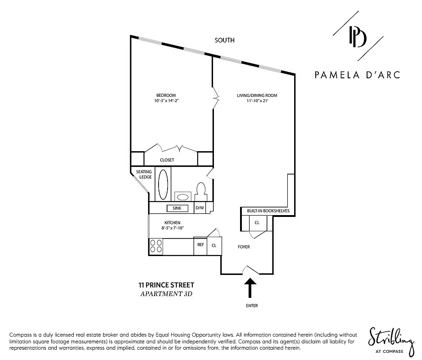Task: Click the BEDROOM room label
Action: pyautogui.click(x=163, y=95)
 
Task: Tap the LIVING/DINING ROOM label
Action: pyautogui.click(x=257, y=95)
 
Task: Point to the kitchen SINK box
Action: pyautogui.click(x=177, y=208)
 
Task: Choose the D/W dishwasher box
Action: pyautogui.click(x=199, y=208)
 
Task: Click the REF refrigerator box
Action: pyautogui.click(x=200, y=245)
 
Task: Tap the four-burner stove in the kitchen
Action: pyautogui.click(x=156, y=246)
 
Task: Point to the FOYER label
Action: pyautogui.click(x=244, y=247)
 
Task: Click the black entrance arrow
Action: pyautogui.click(x=250, y=288)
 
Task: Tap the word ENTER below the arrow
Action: pyautogui.click(x=252, y=306)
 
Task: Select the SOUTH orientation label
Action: pyautogui.click(x=224, y=40)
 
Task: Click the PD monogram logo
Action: pyautogui.click(x=358, y=37)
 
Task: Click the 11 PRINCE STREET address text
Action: pyautogui.click(x=166, y=285)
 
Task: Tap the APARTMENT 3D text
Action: pyautogui.click(x=167, y=294)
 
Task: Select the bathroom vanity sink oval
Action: pyautogui.click(x=182, y=197)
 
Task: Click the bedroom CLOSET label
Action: pyautogui.click(x=167, y=160)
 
